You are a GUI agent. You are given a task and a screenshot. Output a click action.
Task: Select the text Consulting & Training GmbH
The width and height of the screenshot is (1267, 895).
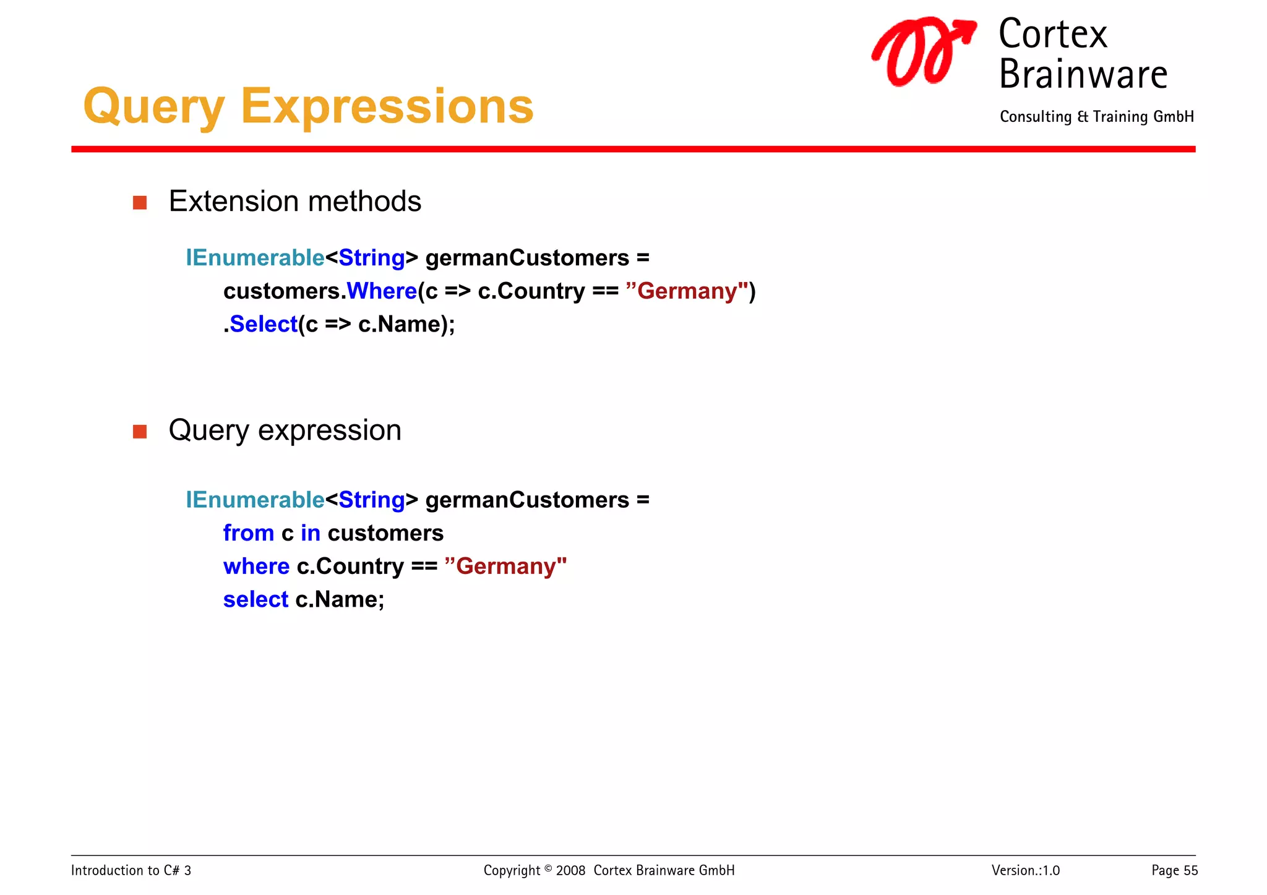pos(1096,117)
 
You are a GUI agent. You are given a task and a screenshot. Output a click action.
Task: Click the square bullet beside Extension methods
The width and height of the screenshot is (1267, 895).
pos(140,203)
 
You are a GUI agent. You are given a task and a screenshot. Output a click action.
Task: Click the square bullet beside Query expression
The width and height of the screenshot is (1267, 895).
pos(140,431)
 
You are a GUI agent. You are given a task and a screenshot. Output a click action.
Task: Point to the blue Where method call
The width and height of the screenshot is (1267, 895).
pos(382,291)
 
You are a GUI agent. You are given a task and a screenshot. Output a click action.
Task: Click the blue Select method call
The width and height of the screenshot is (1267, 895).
pos(264,324)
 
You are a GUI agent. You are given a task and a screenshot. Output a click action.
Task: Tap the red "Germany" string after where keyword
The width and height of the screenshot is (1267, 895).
pos(505,566)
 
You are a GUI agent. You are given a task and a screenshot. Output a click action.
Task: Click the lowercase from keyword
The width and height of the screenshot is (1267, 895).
pos(248,533)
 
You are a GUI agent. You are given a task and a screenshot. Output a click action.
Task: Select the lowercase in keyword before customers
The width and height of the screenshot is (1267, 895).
pos(311,533)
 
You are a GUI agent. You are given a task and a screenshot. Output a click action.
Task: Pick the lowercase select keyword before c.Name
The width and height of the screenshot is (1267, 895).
pos(256,599)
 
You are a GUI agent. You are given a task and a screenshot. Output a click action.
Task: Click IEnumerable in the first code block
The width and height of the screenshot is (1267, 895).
pos(255,258)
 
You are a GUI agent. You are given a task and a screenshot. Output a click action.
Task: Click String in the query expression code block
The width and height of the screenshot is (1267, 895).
pos(371,500)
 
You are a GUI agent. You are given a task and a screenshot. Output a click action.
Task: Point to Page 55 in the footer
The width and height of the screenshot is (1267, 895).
pos(1174,870)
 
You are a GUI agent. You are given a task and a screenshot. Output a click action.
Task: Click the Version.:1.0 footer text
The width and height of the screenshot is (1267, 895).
pos(1025,870)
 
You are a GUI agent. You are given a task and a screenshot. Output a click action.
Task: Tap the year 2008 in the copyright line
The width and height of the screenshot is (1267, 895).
pos(570,870)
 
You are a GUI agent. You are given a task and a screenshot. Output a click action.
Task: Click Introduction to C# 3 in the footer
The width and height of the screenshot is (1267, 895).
pos(131,870)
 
